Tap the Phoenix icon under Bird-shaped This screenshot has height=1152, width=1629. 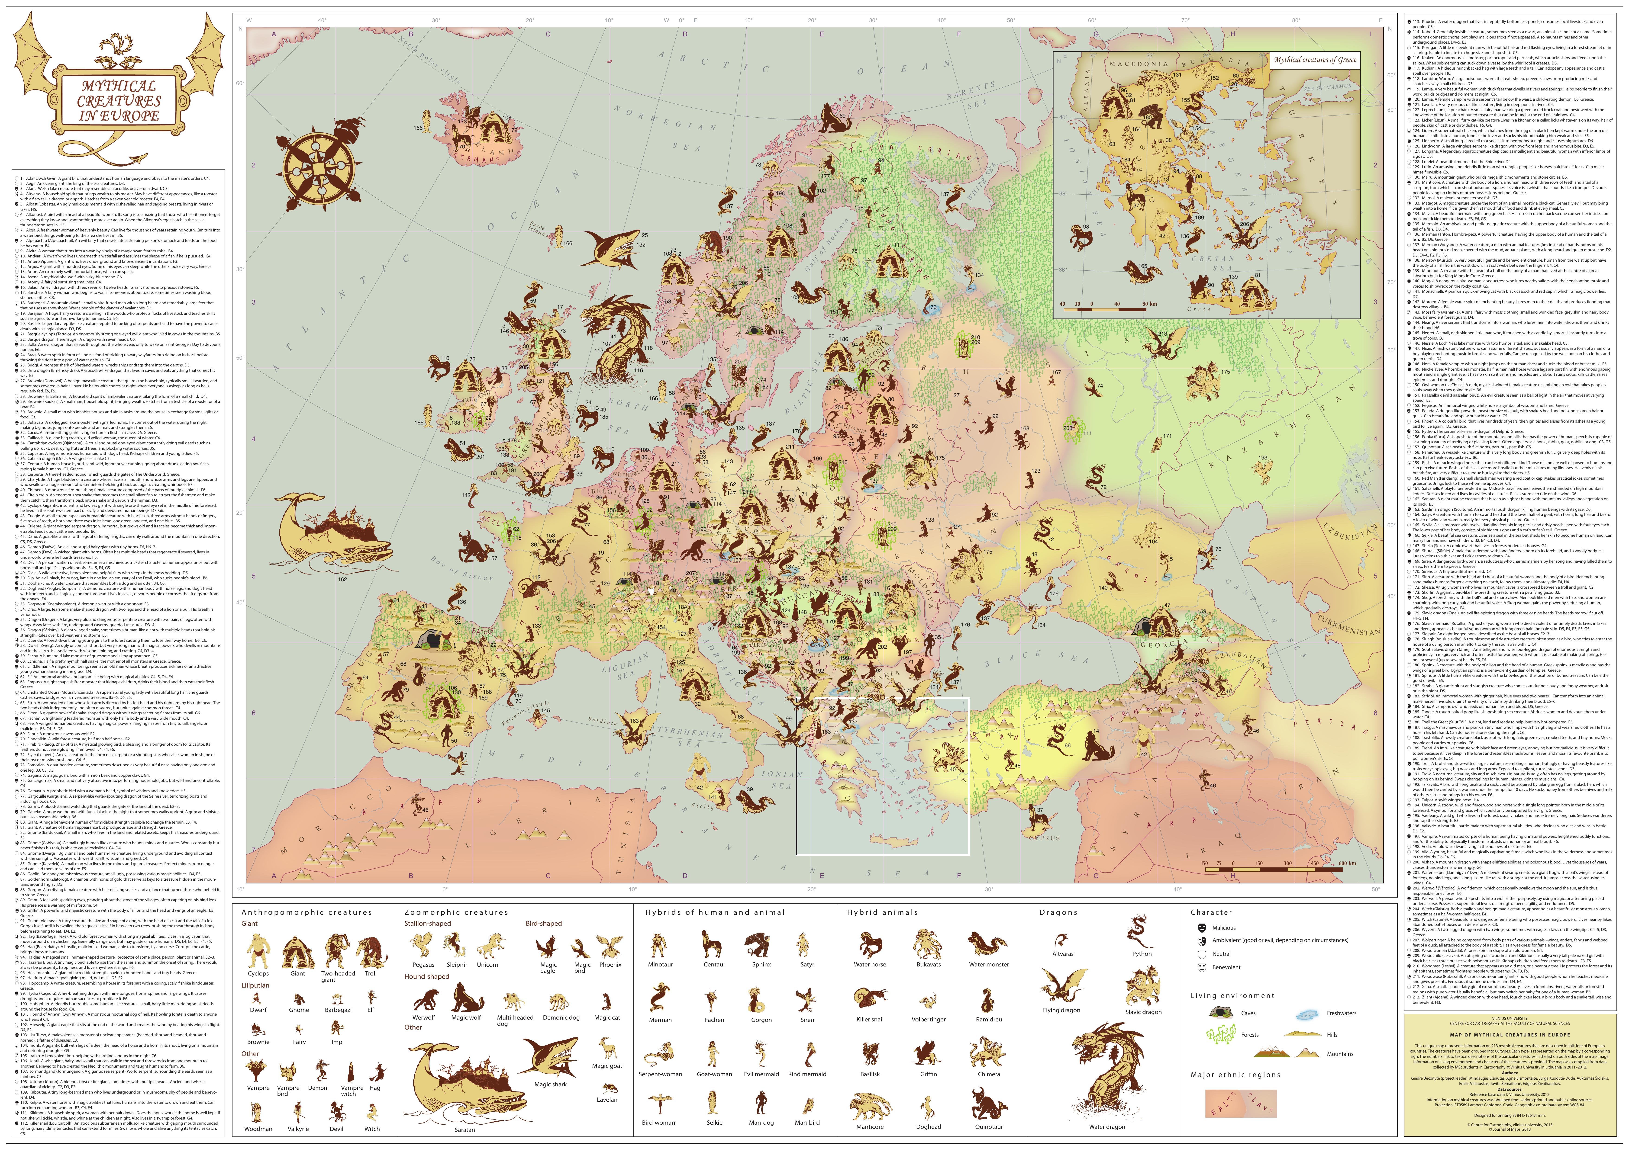(x=610, y=946)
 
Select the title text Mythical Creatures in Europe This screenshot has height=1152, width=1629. (x=119, y=101)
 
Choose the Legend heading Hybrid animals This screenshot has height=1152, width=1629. (x=882, y=912)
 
